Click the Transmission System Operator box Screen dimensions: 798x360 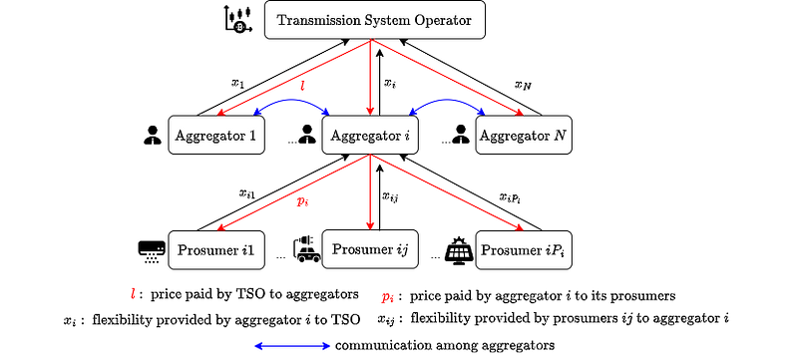coord(375,20)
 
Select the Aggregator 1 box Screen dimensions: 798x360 coord(216,135)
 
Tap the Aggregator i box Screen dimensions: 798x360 coord(370,135)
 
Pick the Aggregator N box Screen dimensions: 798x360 coord(524,135)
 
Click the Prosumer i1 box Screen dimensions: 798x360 coord(216,249)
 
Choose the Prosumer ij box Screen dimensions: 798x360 coord(370,249)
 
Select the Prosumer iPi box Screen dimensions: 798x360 coord(524,249)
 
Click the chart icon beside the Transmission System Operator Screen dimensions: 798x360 coord(238,20)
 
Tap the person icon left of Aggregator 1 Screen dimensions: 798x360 coord(152,135)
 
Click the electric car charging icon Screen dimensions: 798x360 coord(306,248)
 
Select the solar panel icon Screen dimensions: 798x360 coord(459,249)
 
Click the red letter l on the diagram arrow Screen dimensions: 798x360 coord(303,86)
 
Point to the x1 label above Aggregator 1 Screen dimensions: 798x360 coord(237,83)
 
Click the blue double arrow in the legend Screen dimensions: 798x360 coord(292,346)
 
